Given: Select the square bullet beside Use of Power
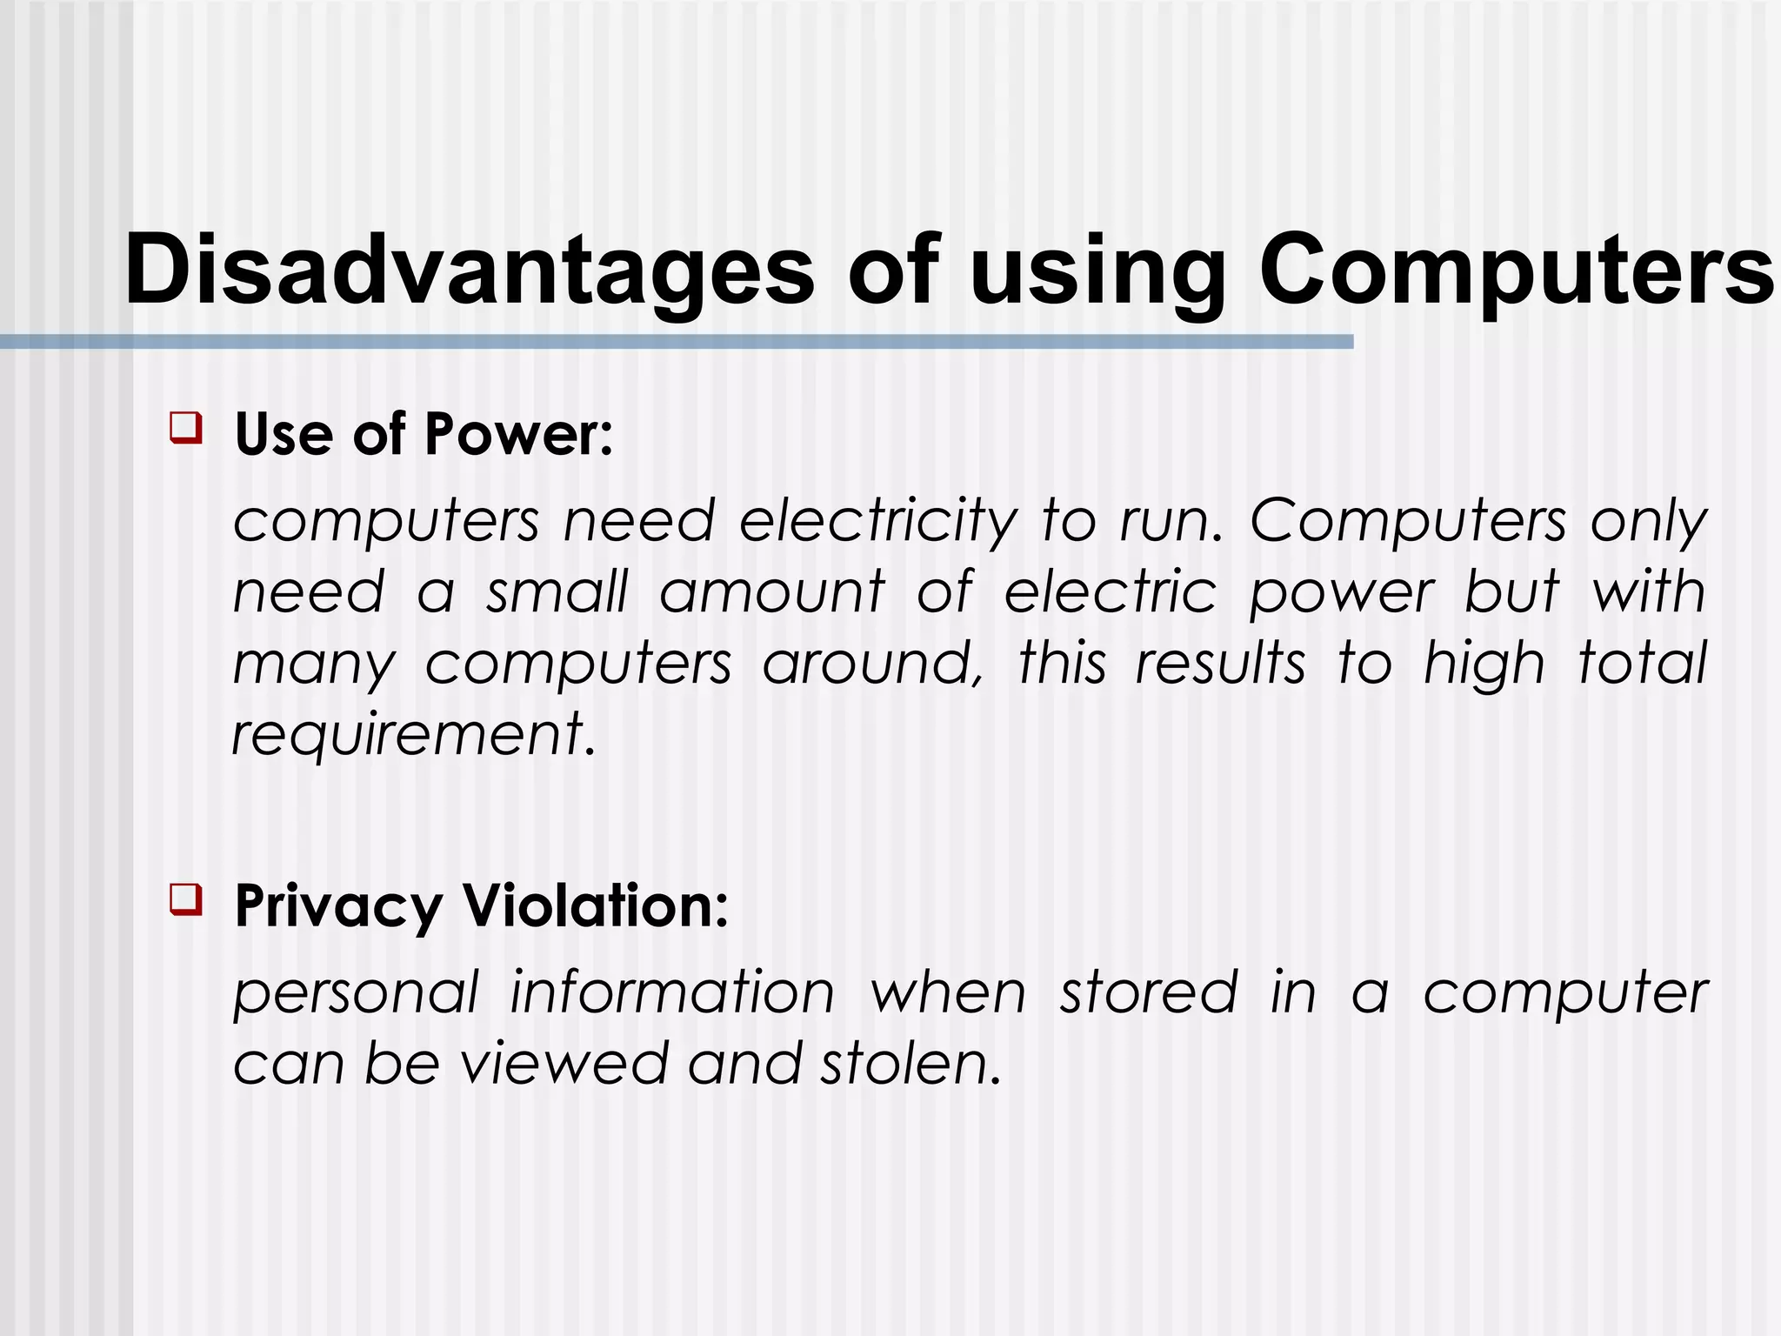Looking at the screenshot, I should pyautogui.click(x=186, y=428).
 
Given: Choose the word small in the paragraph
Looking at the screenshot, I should pyautogui.click(x=557, y=593).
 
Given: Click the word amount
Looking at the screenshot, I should pyautogui.click(x=771, y=593).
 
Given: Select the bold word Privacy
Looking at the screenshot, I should pyautogui.click(x=338, y=908).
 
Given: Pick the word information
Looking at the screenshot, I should pyautogui.click(x=671, y=993).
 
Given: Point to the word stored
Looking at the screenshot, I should pyautogui.click(x=1149, y=993).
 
